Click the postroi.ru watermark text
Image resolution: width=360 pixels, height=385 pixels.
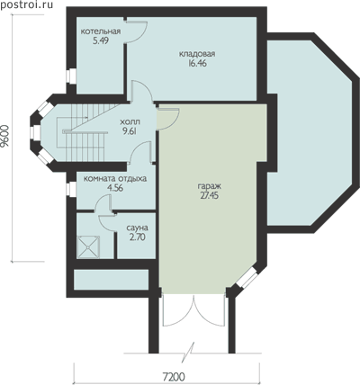coord(27,4)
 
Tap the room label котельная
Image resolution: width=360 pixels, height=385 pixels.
coord(101,31)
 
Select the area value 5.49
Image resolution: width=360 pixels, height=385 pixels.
coord(101,40)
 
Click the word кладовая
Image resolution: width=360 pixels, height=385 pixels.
coord(197,54)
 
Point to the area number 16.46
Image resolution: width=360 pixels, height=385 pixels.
coord(198,63)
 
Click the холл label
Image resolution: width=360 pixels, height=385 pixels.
coord(130,122)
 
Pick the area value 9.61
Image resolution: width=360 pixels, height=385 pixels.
coord(130,131)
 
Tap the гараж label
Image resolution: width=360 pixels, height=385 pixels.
coord(210,186)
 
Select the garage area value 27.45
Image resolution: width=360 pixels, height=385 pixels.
coord(210,195)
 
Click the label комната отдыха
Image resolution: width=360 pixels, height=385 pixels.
coord(115,179)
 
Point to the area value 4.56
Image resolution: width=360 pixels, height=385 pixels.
coord(115,188)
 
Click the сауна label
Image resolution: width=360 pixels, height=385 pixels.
coord(137,228)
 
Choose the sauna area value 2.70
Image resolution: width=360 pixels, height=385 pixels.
coord(138,237)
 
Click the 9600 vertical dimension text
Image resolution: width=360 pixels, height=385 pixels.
coord(5,137)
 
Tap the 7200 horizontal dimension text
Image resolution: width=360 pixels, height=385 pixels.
coord(174,377)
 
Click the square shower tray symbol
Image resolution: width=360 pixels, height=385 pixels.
coord(88,246)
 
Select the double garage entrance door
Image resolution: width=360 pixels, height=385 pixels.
coord(194,310)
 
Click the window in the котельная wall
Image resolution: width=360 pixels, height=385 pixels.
coord(71,76)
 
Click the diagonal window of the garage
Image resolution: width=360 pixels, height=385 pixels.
coord(247,277)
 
